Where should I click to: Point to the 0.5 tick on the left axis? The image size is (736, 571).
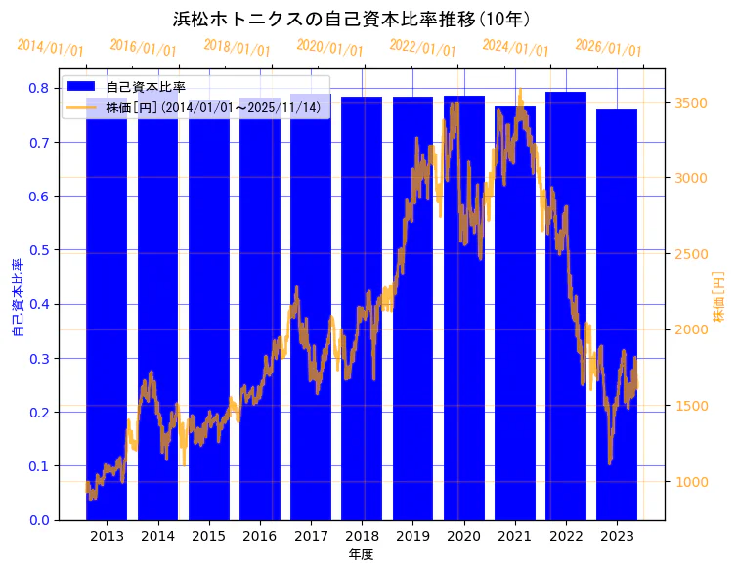tap(39, 250)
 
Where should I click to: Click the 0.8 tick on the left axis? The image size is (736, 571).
tap(39, 88)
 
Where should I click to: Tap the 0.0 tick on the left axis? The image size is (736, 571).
tap(39, 520)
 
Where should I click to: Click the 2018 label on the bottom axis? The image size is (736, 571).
tap(362, 536)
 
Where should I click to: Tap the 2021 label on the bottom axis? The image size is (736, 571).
tap(514, 536)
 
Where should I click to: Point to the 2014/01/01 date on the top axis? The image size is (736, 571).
tap(51, 48)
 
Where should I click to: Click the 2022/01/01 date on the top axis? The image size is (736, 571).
tap(422, 48)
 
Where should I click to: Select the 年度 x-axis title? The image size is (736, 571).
tap(362, 554)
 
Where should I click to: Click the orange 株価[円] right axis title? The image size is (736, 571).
tap(718, 297)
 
